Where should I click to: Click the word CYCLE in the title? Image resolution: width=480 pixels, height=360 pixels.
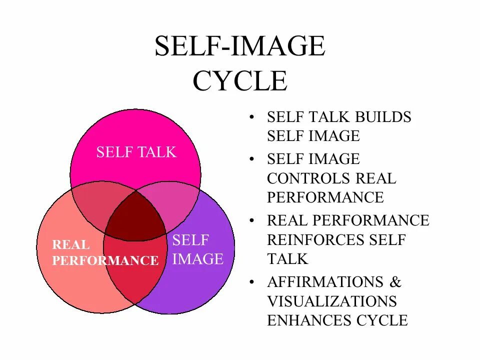[x=240, y=81]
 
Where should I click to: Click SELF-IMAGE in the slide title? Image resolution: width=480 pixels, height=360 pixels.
[x=240, y=47]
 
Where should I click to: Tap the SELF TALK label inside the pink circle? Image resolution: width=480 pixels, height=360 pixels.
[x=136, y=152]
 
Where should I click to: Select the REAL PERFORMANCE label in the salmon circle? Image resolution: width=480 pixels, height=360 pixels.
[x=105, y=253]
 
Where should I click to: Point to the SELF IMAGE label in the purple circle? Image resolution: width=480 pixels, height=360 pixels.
[x=197, y=249]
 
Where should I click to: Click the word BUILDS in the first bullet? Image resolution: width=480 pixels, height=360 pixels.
[x=383, y=117]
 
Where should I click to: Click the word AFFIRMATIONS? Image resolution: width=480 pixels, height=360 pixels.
[x=325, y=282]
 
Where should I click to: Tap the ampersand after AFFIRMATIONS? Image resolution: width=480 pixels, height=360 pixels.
[x=395, y=282]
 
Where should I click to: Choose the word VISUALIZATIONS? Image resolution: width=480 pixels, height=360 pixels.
[x=332, y=301]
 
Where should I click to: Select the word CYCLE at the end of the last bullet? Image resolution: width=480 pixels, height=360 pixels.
[x=382, y=320]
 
